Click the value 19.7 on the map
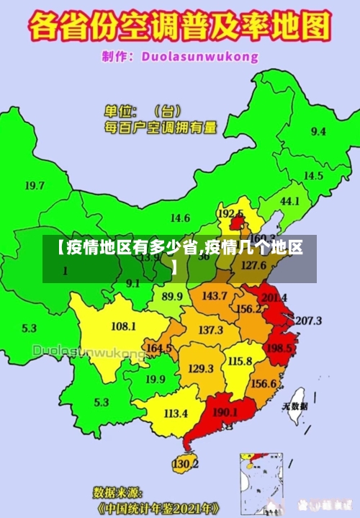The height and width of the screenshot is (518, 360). click(35, 185)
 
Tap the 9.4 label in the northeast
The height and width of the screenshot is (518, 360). click(318, 131)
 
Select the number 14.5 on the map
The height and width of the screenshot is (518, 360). click(313, 175)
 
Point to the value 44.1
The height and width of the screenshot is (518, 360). click(289, 201)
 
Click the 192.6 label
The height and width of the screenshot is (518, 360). click(230, 214)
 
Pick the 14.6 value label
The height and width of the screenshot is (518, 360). click(180, 218)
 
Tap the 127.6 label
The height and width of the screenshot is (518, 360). click(253, 265)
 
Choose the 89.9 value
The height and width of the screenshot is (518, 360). click(172, 296)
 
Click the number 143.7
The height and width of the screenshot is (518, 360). click(215, 295)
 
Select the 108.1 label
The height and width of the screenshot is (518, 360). click(123, 326)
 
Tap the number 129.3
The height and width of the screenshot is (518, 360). click(200, 368)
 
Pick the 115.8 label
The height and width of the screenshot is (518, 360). click(240, 360)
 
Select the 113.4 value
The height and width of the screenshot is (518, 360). click(176, 414)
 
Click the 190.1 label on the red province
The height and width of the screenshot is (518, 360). click(225, 412)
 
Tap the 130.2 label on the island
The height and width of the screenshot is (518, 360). click(185, 463)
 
